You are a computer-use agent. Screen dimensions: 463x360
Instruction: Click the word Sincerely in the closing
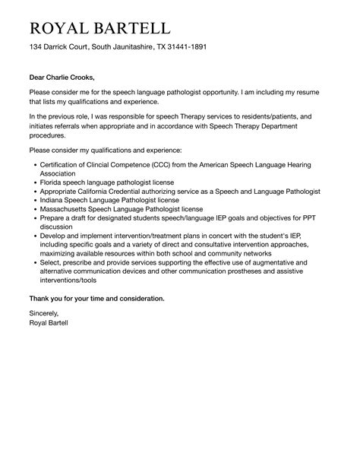coord(43,312)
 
